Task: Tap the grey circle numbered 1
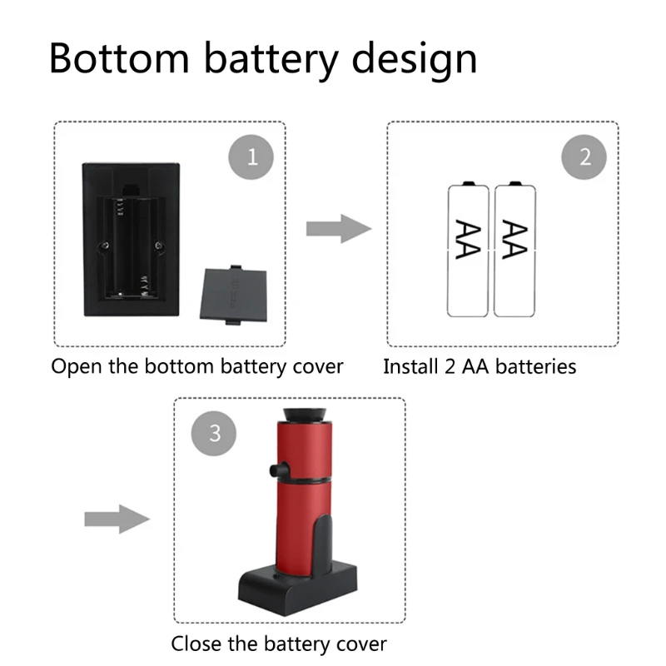[x=252, y=156]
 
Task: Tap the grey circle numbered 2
[x=585, y=156]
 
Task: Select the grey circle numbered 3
[x=215, y=433]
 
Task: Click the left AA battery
[x=468, y=250]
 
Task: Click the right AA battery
[x=514, y=250]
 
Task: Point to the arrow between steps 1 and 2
[x=337, y=228]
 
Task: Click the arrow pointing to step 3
[x=116, y=519]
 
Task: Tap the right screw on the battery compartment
[x=159, y=244]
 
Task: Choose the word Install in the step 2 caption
[x=408, y=366]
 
